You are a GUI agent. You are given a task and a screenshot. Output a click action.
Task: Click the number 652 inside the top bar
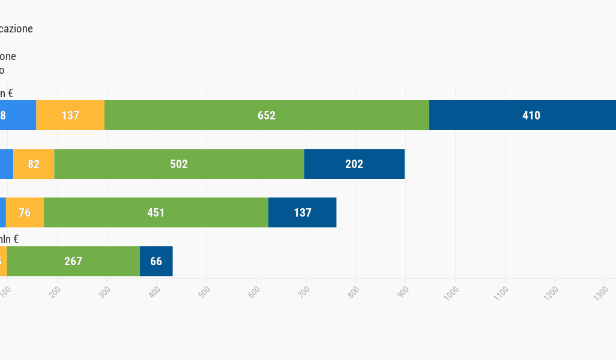(x=267, y=116)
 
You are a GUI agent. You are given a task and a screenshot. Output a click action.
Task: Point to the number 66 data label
(x=156, y=261)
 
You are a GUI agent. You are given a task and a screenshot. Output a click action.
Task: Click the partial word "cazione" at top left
(x=16, y=29)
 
